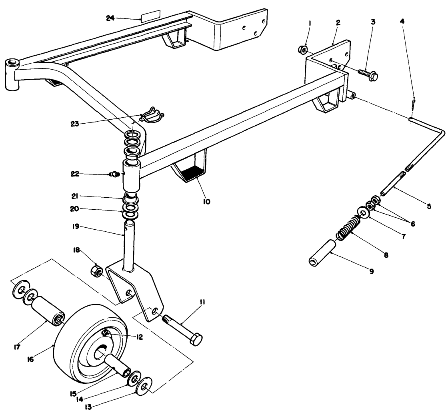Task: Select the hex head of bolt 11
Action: tap(195, 340)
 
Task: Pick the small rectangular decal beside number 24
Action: tap(150, 15)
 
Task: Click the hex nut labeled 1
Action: tap(303, 50)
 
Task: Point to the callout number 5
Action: tap(428, 206)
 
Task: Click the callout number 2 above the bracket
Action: tap(338, 22)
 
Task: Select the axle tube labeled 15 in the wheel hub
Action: tap(118, 362)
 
